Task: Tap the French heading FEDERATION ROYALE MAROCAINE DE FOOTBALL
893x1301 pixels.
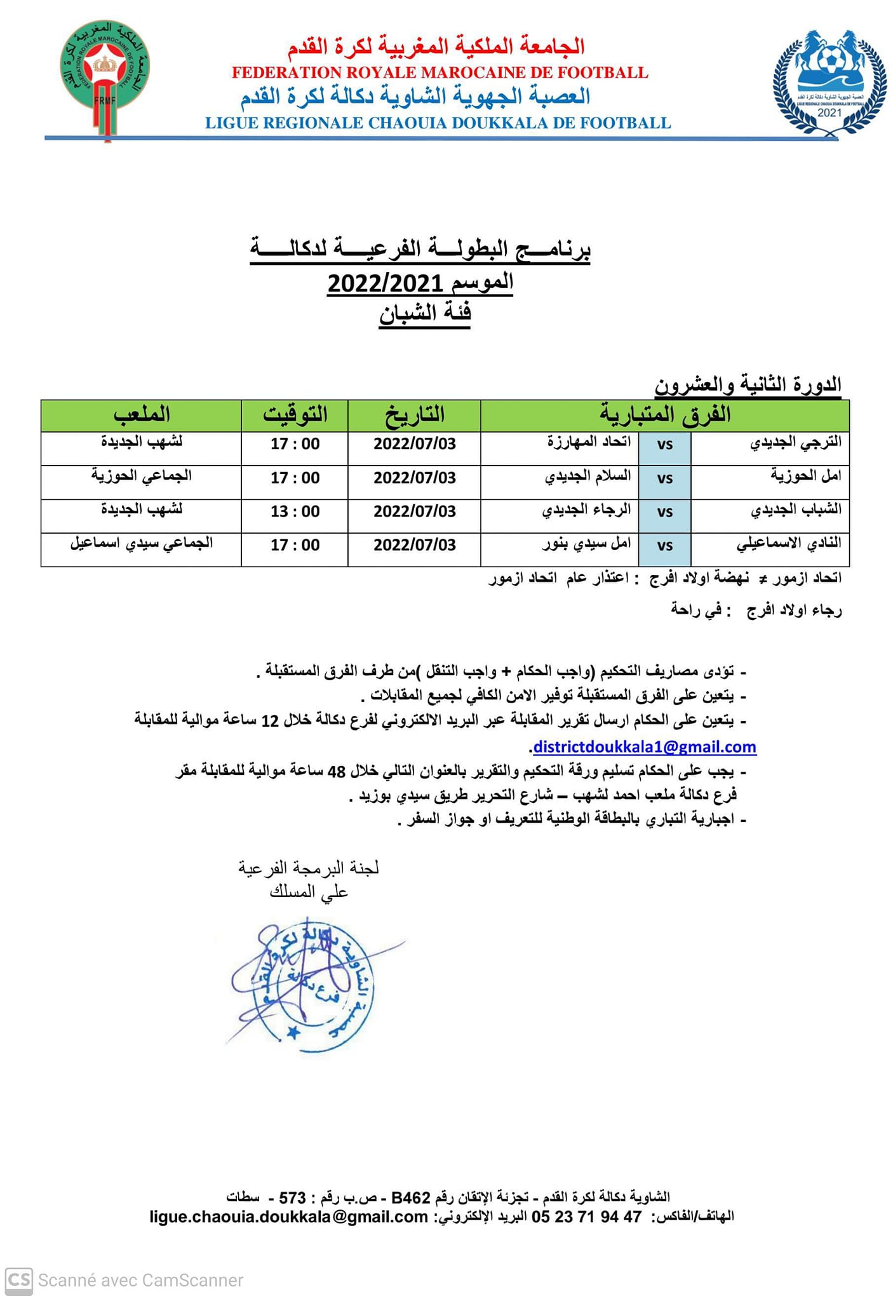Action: [440, 72]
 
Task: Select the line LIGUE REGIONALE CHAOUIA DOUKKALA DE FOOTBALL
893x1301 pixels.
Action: [438, 123]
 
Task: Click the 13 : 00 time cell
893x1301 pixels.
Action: [295, 512]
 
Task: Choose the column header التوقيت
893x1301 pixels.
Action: [295, 415]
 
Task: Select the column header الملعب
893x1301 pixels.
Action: [141, 415]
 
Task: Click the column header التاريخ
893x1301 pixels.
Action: [414, 415]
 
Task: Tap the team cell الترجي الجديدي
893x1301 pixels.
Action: [796, 443]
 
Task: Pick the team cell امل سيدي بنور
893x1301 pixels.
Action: [586, 544]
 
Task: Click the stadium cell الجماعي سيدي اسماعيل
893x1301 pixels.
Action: [141, 544]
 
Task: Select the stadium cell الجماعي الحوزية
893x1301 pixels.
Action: [141, 476]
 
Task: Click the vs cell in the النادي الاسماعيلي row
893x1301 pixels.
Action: [664, 546]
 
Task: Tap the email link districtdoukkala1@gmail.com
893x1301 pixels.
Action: [644, 747]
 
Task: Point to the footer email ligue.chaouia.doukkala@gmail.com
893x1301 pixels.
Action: [288, 1217]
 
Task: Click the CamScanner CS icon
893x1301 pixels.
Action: [18, 1279]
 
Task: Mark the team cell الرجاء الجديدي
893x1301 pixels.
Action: [586, 511]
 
